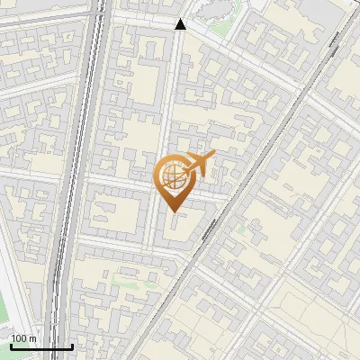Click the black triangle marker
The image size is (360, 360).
click(181, 24)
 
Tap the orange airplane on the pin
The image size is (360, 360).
click(201, 163)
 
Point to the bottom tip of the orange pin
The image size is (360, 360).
click(172, 211)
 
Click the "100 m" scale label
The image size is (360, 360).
click(23, 337)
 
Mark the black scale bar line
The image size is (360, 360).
click(41, 346)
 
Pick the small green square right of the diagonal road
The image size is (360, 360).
click(241, 229)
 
